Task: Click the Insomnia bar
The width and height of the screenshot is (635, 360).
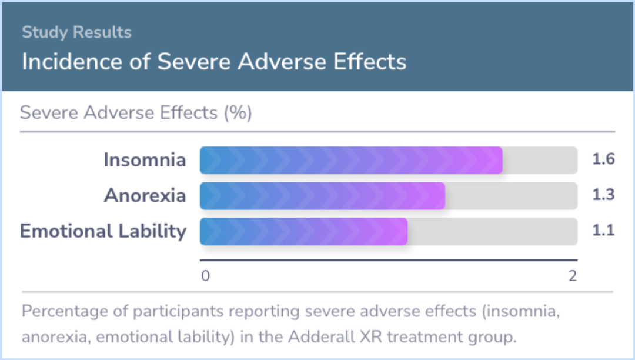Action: (351, 161)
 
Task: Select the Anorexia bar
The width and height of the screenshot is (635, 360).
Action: (322, 196)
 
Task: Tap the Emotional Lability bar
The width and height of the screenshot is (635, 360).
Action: (304, 232)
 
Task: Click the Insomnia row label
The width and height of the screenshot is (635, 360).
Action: (145, 159)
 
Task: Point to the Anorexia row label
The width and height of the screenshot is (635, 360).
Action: (145, 195)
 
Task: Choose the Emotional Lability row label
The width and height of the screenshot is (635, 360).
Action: (103, 231)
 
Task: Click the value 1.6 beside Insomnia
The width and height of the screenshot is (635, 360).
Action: (603, 159)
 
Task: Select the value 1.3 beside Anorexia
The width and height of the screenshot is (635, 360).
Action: (603, 195)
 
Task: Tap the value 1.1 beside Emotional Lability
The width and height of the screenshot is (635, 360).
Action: (603, 231)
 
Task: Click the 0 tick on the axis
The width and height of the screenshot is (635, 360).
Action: (205, 276)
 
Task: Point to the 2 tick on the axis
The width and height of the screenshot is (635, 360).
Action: (572, 276)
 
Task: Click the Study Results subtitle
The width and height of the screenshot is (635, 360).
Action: (76, 32)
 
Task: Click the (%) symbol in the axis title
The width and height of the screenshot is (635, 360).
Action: (238, 112)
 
